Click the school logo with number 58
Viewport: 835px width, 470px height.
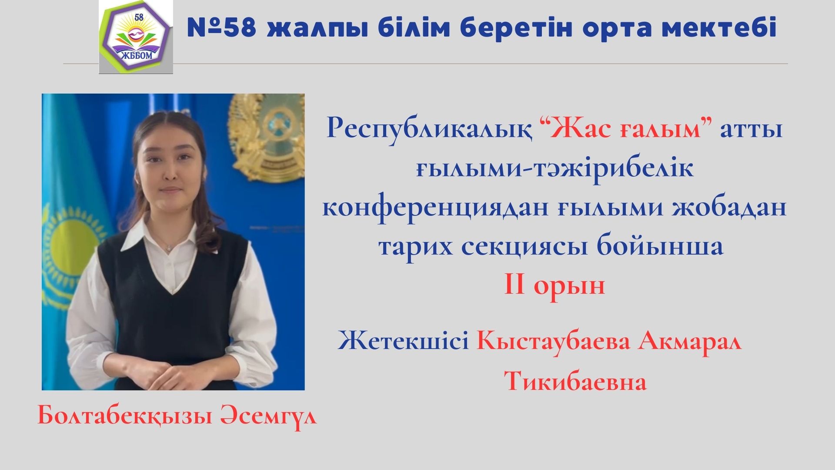point(136,37)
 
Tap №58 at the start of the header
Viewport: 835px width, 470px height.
point(222,28)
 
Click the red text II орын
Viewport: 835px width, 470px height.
point(554,286)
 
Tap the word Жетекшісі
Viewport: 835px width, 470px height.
point(403,341)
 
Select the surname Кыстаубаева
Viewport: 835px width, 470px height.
point(554,341)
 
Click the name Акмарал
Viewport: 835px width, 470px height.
point(690,341)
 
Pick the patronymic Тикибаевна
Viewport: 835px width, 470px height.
point(575,382)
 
